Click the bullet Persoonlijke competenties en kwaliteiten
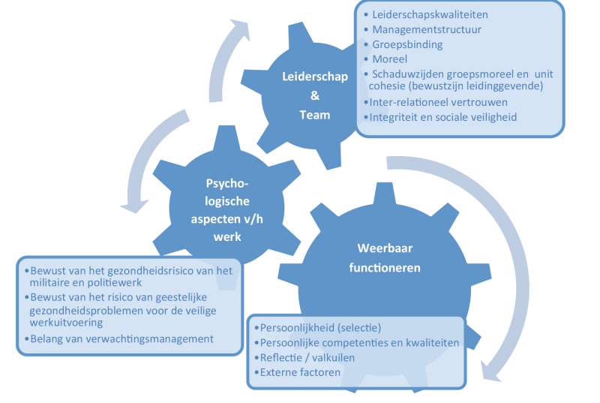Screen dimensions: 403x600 pyautogui.click(x=358, y=343)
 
